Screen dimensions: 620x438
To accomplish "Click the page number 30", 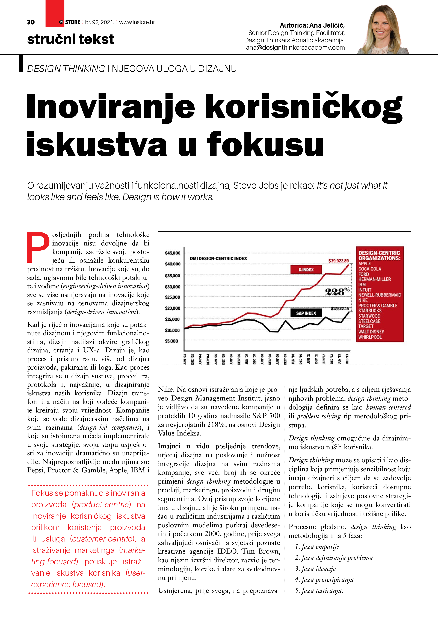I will (x=31, y=22).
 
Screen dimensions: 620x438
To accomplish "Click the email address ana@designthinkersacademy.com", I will (x=295, y=48).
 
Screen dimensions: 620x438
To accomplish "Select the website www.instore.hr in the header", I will (x=137, y=22).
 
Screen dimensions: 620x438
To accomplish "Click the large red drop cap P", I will (x=38, y=247).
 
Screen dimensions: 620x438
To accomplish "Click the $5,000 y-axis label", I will (x=171, y=341).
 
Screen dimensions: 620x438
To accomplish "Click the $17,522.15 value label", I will (x=339, y=308).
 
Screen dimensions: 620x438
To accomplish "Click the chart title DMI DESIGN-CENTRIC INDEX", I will (x=218, y=258).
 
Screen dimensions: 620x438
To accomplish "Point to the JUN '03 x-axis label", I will (x=185, y=359).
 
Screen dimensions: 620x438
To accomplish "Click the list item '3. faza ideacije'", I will (x=315, y=569).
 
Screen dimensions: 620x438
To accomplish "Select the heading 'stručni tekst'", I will (x=71, y=39).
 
